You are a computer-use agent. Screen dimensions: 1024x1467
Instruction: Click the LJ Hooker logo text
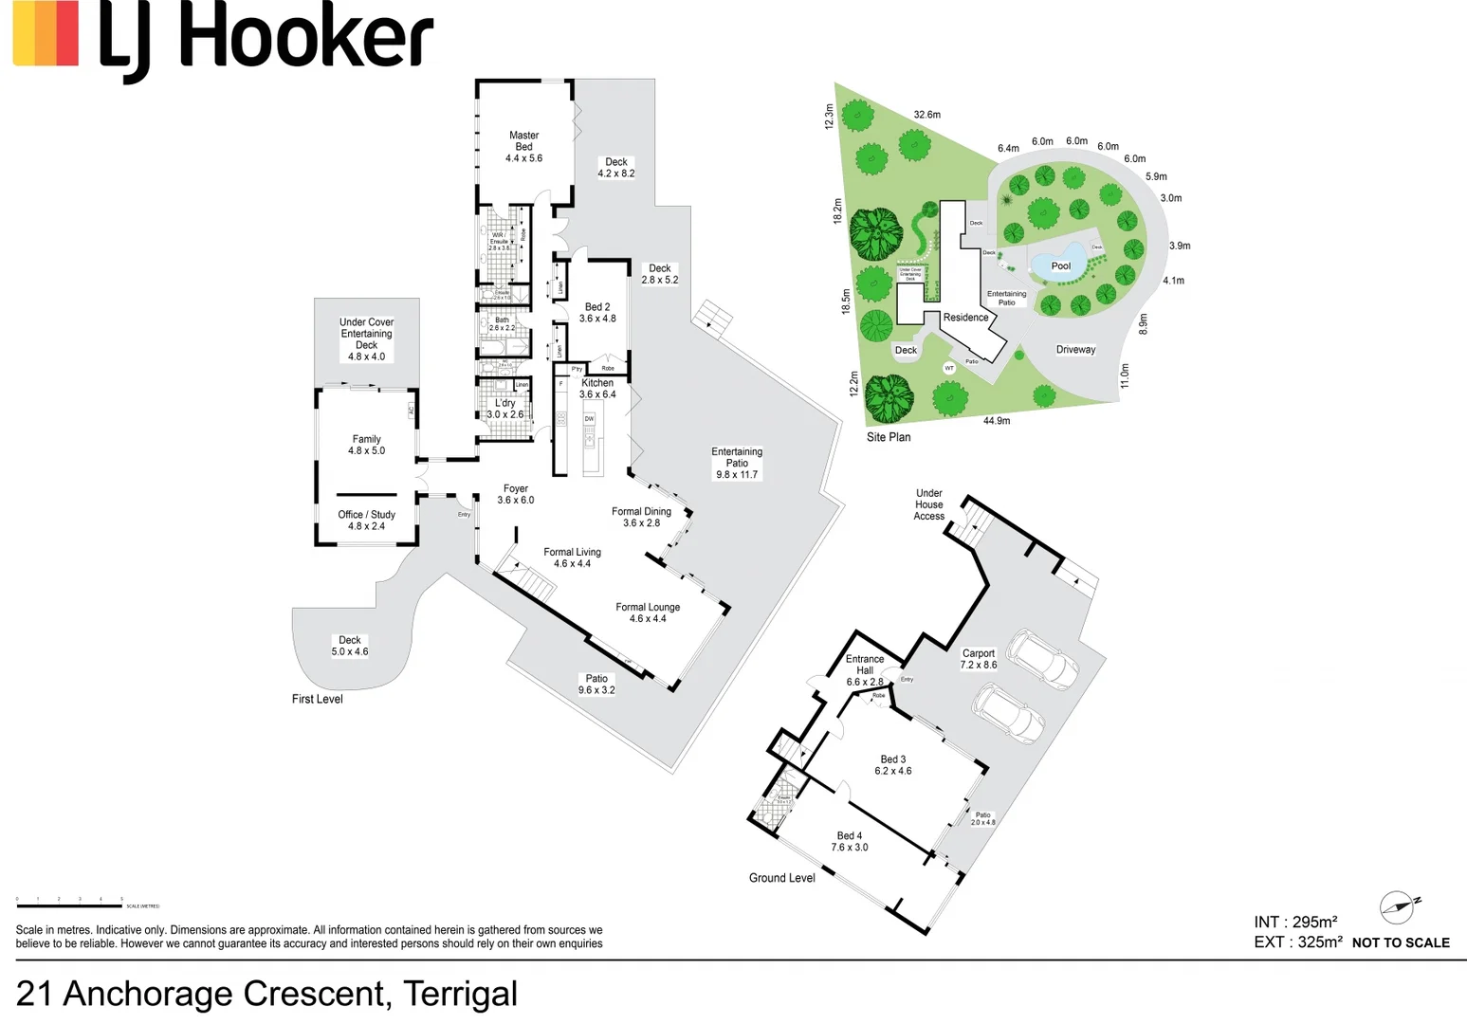[x=266, y=38]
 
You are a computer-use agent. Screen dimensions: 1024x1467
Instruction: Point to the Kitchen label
[x=597, y=383]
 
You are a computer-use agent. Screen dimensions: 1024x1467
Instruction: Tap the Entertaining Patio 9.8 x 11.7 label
[x=737, y=463]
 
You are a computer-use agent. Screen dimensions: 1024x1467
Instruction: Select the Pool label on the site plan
[x=1060, y=266]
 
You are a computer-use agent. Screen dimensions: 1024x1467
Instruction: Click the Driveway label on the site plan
[x=1075, y=350]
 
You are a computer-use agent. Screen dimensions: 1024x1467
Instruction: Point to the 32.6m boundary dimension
[x=926, y=115]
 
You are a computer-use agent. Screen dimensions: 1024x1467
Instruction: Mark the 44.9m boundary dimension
[x=996, y=421]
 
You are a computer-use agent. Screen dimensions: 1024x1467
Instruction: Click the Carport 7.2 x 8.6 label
[x=979, y=659]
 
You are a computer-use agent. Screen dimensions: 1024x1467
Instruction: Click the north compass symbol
[x=1398, y=907]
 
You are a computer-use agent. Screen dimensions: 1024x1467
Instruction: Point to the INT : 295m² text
[x=1295, y=922]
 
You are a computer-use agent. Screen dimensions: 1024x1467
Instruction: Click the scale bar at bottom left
[x=69, y=906]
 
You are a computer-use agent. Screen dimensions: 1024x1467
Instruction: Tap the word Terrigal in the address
[x=460, y=994]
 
